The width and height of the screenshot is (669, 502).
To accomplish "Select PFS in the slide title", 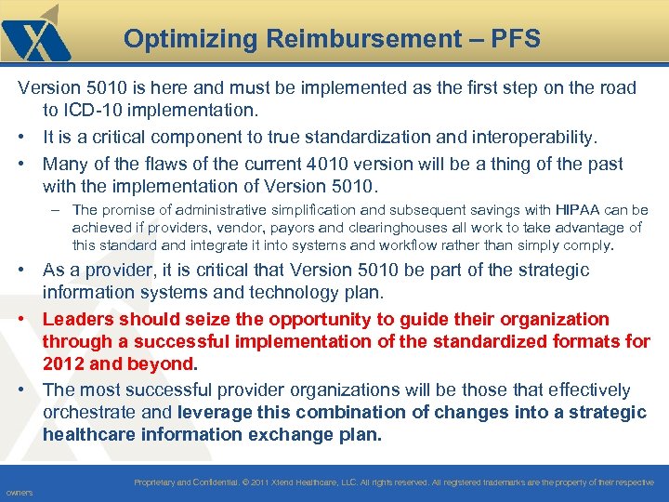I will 518,39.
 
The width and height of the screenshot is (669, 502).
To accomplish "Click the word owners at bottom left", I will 19,493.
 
